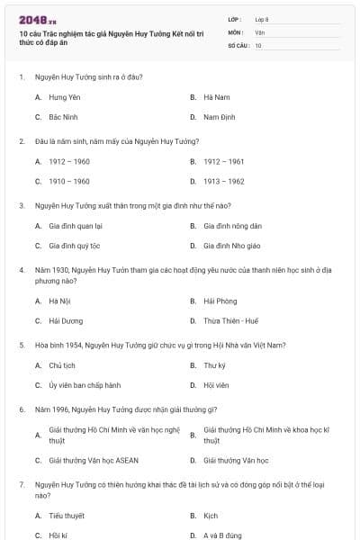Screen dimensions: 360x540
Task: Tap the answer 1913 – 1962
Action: pyautogui.click(x=223, y=182)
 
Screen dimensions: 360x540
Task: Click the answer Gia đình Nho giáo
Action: pyautogui.click(x=231, y=246)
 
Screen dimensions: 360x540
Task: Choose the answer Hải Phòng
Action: pyautogui.click(x=220, y=301)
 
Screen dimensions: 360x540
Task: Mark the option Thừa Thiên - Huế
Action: pyautogui.click(x=231, y=321)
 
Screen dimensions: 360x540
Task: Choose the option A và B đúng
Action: pyautogui.click(x=223, y=536)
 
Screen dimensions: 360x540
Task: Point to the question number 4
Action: pyautogui.click(x=22, y=268)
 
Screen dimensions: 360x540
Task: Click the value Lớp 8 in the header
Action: pyautogui.click(x=262, y=19)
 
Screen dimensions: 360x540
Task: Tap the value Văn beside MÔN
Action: pyautogui.click(x=259, y=31)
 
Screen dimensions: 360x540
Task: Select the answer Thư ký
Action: pyautogui.click(x=214, y=365)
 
